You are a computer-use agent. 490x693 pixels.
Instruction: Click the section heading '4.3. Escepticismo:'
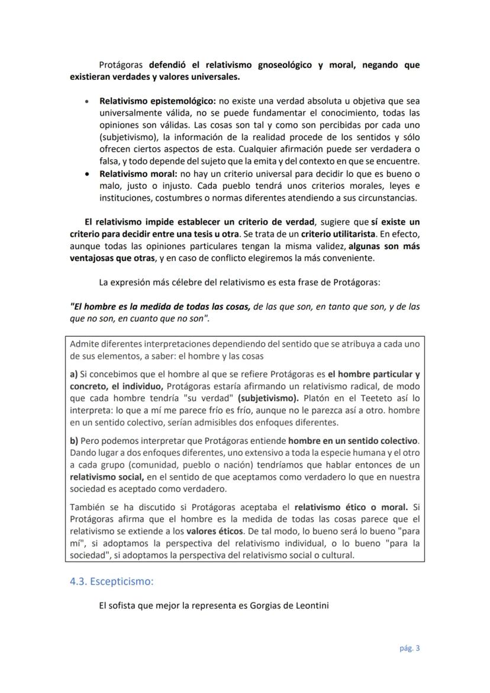point(111,581)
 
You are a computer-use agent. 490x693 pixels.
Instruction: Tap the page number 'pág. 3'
point(408,648)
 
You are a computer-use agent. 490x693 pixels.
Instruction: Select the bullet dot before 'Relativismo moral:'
point(88,174)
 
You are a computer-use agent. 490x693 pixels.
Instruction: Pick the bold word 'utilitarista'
point(355,234)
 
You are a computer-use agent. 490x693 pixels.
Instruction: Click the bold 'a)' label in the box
point(74,374)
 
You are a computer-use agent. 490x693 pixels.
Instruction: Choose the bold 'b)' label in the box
point(74,441)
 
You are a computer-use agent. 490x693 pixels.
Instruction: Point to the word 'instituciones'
point(126,198)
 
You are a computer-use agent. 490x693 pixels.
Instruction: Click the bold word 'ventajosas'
point(92,258)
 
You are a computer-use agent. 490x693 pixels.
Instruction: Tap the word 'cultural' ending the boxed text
point(336,555)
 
